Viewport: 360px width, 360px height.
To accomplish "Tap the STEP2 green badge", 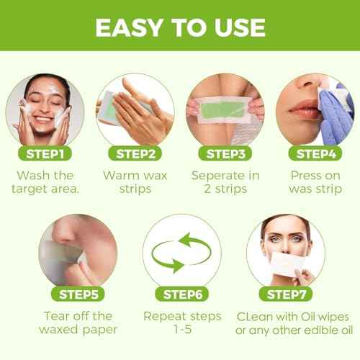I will click(134, 153).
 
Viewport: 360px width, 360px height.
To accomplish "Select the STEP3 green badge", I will click(225, 153).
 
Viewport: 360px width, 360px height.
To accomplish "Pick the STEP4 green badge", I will click(314, 153).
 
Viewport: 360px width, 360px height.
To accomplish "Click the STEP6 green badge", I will click(180, 294).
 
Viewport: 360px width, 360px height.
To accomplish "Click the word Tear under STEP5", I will click(60, 316).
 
